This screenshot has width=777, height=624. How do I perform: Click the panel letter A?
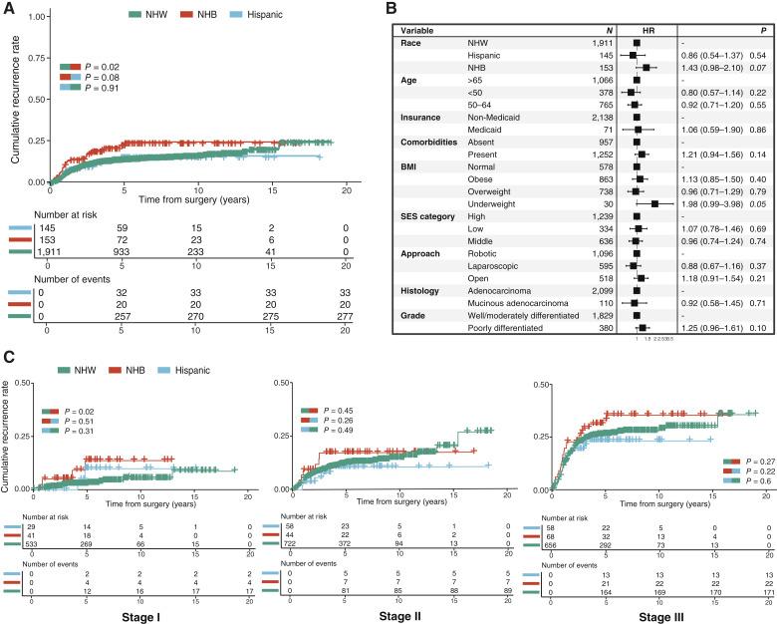[8, 9]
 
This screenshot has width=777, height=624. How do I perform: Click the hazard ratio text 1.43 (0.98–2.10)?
[693, 68]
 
